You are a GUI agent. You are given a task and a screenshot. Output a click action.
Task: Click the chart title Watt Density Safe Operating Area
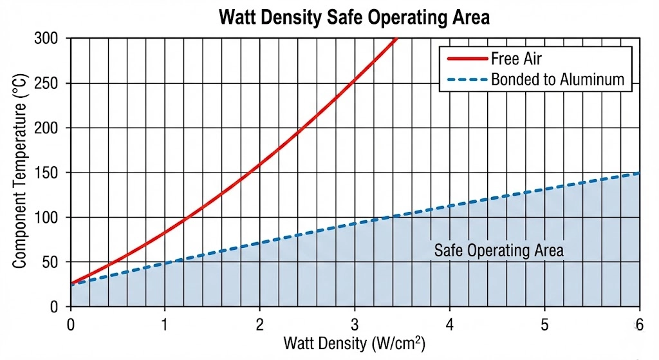coord(354,17)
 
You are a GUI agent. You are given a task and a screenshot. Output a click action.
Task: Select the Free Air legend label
coord(516,59)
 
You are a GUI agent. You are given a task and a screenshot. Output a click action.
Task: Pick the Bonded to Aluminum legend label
coord(557,80)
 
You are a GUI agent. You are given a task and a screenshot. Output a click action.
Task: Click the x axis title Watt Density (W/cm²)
coord(354,343)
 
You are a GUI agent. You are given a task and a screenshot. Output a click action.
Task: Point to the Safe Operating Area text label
coord(499,251)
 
